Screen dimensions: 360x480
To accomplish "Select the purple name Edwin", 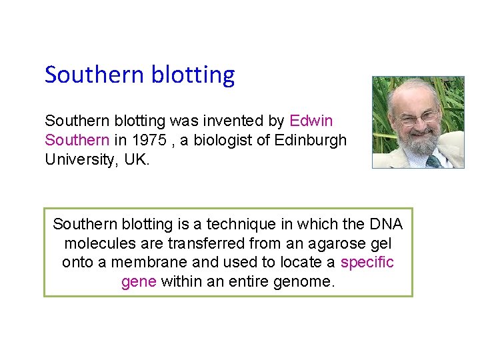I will click(311, 121).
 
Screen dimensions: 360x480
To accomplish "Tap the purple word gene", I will click(139, 282).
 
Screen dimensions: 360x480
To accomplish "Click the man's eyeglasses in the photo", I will click(417, 119).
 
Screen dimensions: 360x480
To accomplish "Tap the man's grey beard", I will click(417, 143).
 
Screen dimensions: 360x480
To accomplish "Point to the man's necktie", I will click(433, 161).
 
